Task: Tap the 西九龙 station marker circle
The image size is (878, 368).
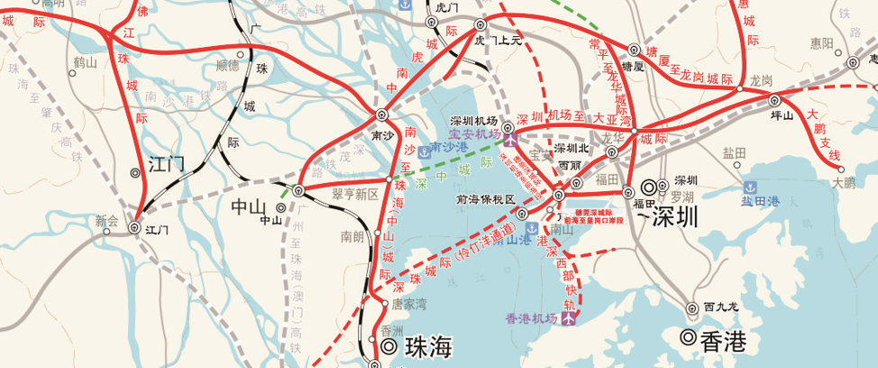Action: click(x=691, y=308)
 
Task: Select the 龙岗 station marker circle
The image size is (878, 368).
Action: click(x=741, y=88)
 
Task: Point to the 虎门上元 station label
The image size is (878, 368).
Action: click(x=498, y=41)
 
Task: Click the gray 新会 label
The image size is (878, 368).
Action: click(x=106, y=219)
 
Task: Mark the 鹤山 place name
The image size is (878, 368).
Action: click(x=85, y=62)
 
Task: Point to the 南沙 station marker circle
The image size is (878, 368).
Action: click(x=381, y=115)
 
